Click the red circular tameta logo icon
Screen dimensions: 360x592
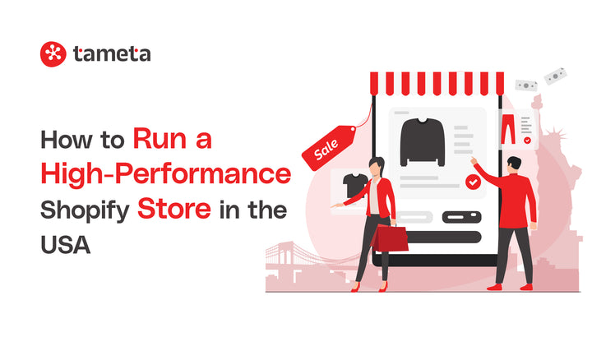click(x=53, y=53)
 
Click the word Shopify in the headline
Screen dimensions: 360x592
click(x=83, y=210)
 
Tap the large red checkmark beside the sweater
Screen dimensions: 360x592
click(x=473, y=182)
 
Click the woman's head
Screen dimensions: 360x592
click(x=377, y=164)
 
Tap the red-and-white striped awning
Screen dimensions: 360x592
click(x=437, y=83)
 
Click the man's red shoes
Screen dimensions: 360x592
click(x=509, y=286)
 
